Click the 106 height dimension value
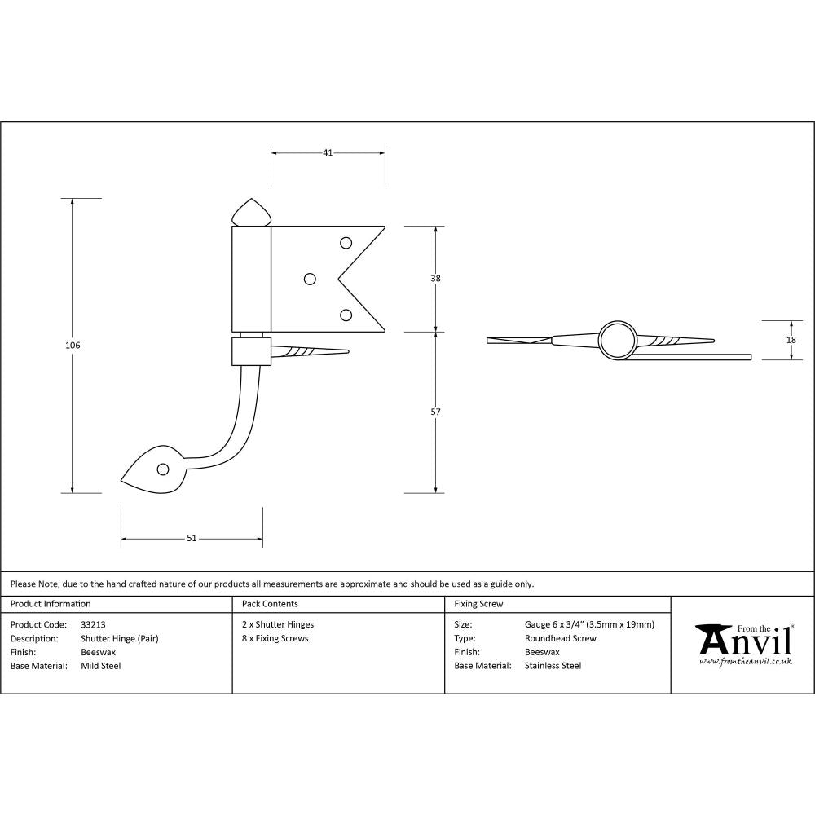73,346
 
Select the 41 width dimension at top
327,152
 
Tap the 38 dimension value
435,279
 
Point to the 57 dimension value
435,412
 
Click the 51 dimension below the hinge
192,538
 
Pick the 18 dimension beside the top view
790,341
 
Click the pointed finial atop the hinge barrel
252,213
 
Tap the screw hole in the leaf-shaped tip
163,469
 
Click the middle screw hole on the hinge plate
309,279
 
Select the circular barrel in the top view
617,340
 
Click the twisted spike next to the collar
310,352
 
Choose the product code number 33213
94,625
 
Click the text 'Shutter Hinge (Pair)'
120,639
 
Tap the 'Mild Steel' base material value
101,666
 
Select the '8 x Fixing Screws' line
275,639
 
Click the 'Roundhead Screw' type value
561,639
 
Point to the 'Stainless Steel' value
553,666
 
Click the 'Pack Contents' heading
270,604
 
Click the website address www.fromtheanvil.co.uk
745,662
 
